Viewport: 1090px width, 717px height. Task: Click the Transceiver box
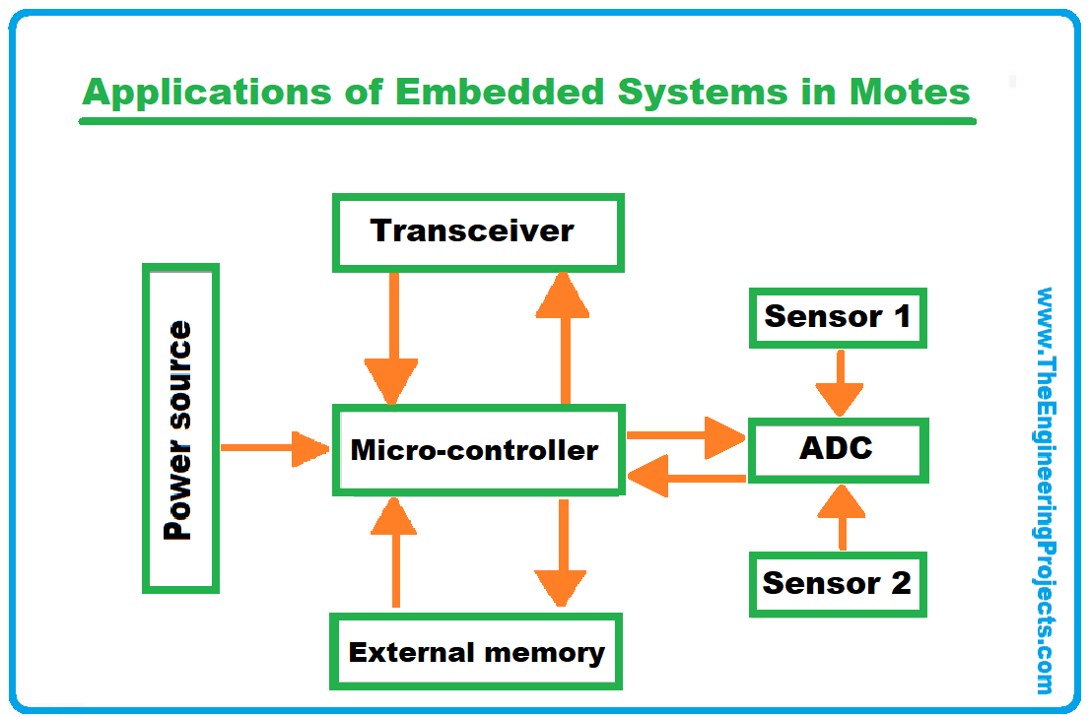(478, 232)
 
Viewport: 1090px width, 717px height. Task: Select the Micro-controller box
(478, 450)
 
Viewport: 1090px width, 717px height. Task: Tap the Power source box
(180, 428)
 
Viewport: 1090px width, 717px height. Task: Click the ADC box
(837, 450)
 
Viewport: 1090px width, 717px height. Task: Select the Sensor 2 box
(837, 583)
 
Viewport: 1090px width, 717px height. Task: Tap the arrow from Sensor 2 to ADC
(841, 517)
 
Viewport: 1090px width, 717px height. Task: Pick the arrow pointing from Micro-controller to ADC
(685, 434)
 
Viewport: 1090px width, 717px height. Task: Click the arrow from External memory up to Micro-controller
(395, 552)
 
